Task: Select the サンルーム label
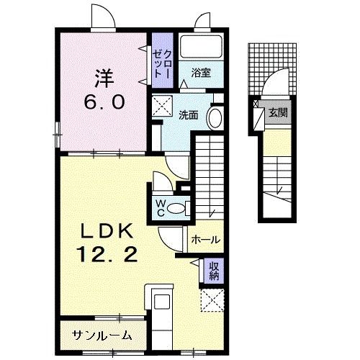(x=102, y=335)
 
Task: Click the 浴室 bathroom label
(x=200, y=72)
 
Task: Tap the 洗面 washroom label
(x=189, y=114)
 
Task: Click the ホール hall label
(x=206, y=240)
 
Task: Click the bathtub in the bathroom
(x=201, y=48)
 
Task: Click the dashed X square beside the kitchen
(x=213, y=300)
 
